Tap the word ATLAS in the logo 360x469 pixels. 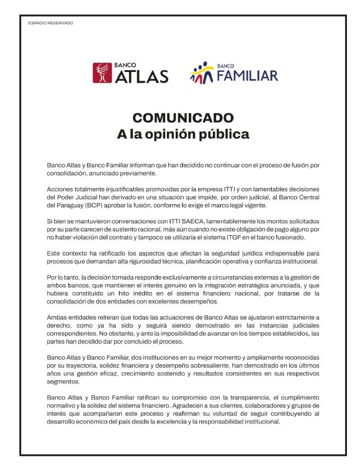pyautogui.click(x=142, y=76)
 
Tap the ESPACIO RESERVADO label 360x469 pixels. pyautogui.click(x=51, y=23)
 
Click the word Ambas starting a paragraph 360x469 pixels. pyautogui.click(x=58, y=318)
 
